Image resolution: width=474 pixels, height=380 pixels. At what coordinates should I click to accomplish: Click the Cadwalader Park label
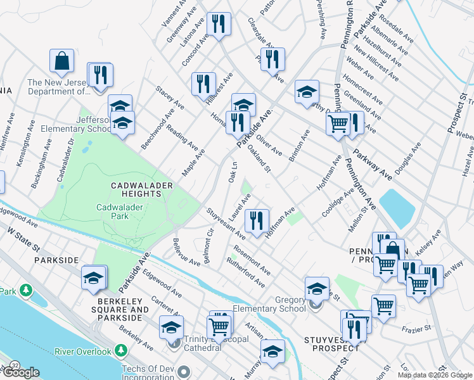(x=122, y=211)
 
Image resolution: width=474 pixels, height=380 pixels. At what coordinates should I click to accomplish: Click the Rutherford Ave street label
(x=245, y=271)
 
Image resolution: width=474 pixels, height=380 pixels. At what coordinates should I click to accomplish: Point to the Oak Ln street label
(x=233, y=174)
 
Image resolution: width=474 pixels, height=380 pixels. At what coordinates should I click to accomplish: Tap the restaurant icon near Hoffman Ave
(x=257, y=220)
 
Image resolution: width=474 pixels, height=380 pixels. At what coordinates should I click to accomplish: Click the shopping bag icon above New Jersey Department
(x=62, y=61)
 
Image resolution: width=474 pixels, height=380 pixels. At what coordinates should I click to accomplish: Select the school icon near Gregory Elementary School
(x=317, y=289)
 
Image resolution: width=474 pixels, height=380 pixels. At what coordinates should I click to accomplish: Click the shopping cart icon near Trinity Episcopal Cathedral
(x=219, y=326)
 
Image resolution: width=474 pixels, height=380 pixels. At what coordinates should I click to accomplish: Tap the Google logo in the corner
(x=21, y=372)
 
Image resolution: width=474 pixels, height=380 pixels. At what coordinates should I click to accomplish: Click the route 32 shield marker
(x=14, y=365)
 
